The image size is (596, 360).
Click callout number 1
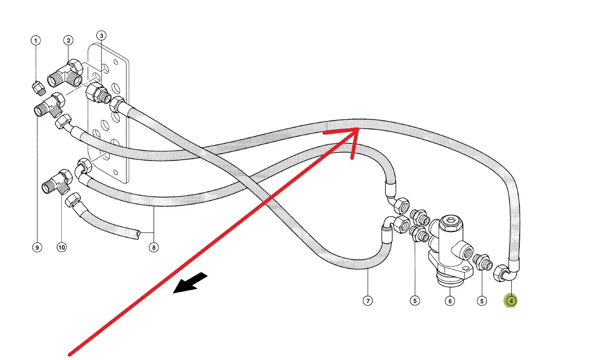click(x=36, y=41)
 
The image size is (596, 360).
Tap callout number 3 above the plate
click(x=101, y=35)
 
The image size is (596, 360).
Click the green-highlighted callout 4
click(x=511, y=301)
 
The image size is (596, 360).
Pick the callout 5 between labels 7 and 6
click(x=414, y=301)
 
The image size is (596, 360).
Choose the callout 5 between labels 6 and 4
click(x=482, y=301)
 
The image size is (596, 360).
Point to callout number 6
click(x=449, y=301)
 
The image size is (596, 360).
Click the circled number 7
click(x=368, y=301)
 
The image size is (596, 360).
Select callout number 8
click(x=153, y=247)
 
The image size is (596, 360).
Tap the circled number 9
click(x=37, y=247)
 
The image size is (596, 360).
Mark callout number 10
click(x=61, y=247)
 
